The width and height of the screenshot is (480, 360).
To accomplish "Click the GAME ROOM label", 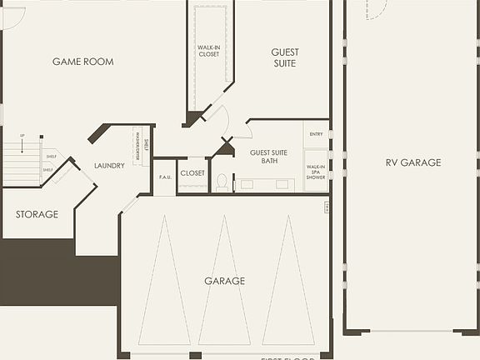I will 82,62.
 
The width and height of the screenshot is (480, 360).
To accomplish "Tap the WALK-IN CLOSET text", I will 208,51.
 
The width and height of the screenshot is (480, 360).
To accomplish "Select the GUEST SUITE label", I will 285,57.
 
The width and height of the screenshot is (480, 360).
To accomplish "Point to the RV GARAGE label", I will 412,162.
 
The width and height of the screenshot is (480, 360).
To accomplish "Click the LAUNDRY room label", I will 109,166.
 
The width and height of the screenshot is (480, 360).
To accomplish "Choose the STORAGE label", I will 37,214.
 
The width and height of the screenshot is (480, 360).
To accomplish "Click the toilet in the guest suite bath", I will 222,181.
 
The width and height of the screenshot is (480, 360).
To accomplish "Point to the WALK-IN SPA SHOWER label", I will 316,171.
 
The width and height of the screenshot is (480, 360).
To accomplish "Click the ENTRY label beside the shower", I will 316,134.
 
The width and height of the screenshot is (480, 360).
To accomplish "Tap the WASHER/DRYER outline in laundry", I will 137,147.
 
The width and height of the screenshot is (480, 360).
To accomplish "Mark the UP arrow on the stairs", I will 22,136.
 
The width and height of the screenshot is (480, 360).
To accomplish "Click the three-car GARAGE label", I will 225,281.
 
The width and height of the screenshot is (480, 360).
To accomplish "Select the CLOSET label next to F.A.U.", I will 192,173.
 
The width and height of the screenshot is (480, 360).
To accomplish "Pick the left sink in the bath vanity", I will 248,184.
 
